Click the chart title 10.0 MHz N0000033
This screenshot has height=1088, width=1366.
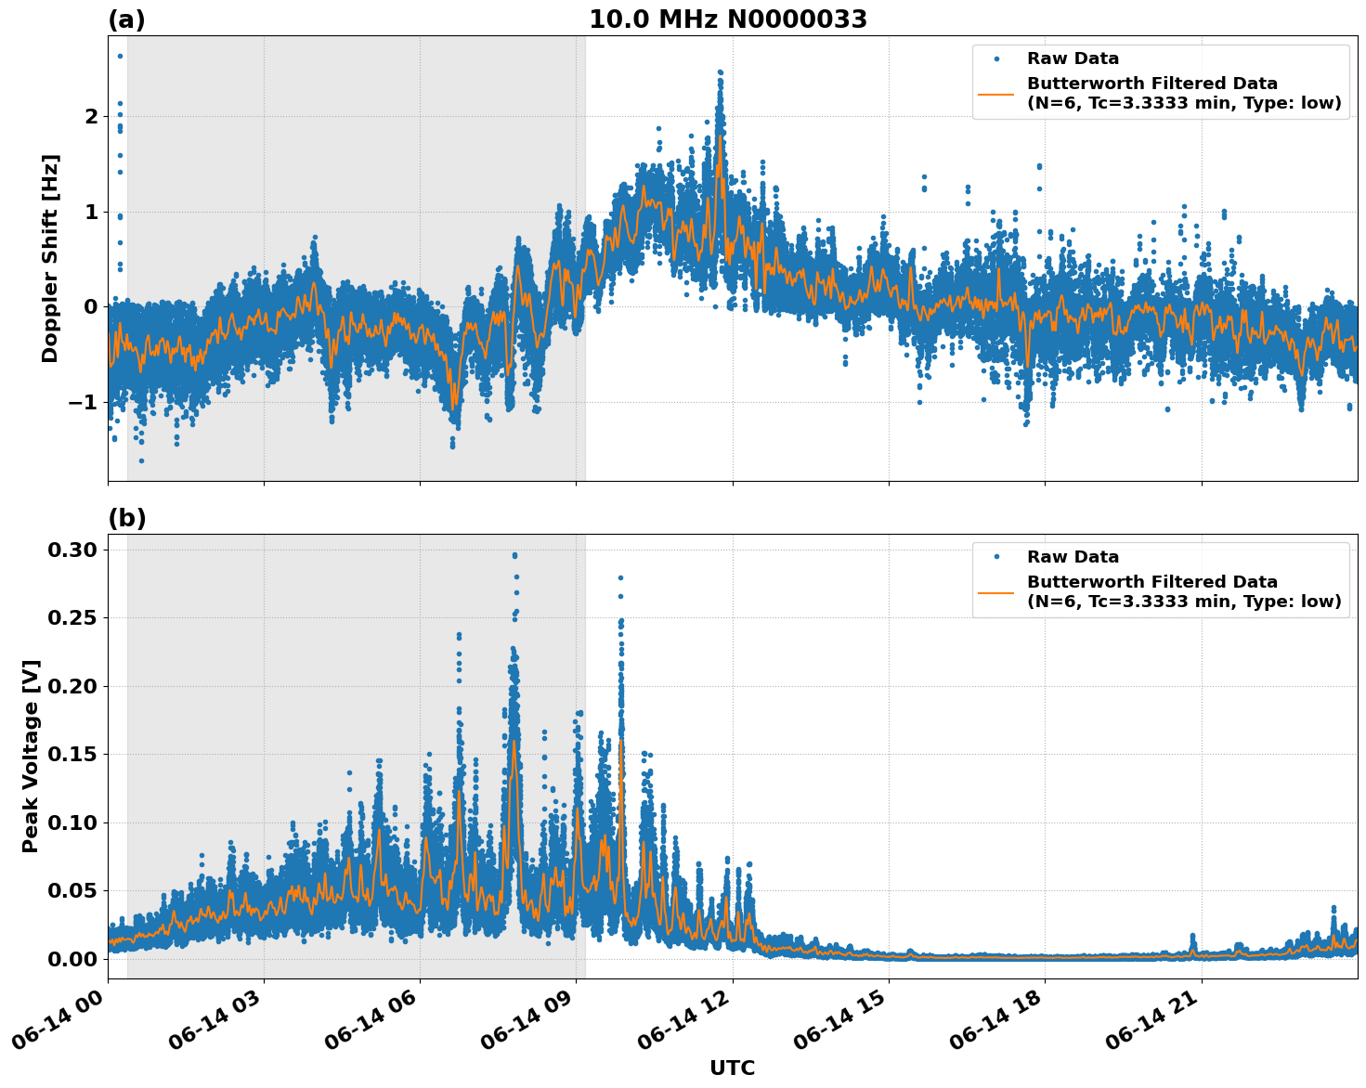(728, 19)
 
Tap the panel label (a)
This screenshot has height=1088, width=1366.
(126, 19)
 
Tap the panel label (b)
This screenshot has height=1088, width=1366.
(126, 518)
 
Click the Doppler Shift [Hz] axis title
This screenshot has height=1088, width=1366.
(50, 258)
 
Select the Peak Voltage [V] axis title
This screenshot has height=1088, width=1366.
(31, 756)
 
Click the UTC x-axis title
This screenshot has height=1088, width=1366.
(732, 1068)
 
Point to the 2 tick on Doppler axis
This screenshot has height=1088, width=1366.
(90, 117)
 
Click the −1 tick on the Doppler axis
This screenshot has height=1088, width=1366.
(84, 402)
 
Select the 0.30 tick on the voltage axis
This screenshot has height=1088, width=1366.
(72, 550)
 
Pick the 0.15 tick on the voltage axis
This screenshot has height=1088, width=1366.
(72, 754)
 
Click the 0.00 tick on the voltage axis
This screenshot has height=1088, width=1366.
(72, 959)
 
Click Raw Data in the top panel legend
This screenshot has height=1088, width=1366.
(1073, 59)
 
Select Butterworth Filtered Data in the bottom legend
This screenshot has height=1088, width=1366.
(1151, 582)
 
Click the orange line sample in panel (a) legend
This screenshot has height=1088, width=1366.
(996, 93)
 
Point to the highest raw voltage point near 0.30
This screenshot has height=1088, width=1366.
(514, 555)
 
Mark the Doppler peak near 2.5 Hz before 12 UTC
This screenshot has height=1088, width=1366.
(720, 72)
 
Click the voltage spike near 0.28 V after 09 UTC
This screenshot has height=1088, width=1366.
(620, 577)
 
